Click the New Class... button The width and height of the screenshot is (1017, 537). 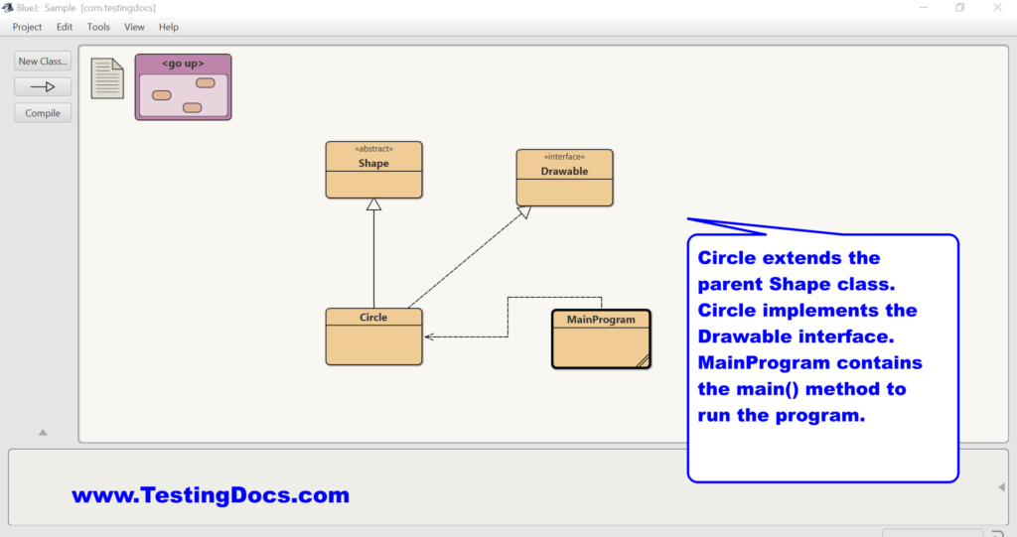click(x=43, y=61)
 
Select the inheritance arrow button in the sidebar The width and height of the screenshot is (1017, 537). click(x=43, y=87)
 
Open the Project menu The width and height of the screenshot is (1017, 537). click(x=27, y=27)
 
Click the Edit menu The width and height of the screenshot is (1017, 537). click(x=65, y=27)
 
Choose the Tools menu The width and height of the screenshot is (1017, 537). click(x=98, y=27)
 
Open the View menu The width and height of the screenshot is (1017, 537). click(x=134, y=27)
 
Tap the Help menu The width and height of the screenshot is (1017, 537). click(x=169, y=27)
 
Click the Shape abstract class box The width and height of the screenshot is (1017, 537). click(x=373, y=170)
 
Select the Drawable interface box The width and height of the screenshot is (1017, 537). click(x=564, y=178)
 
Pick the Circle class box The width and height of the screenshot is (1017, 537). click(x=373, y=336)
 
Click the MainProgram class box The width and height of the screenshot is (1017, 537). click(x=601, y=339)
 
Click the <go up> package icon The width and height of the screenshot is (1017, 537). click(x=183, y=87)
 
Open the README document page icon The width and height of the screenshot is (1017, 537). click(x=107, y=78)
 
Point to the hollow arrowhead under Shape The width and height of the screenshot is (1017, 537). click(x=373, y=204)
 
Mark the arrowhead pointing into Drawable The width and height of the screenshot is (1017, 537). click(x=524, y=212)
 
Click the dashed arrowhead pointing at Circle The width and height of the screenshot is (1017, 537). click(x=429, y=336)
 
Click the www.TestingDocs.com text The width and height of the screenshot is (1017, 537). click(x=211, y=495)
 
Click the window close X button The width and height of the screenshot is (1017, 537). click(x=997, y=7)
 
